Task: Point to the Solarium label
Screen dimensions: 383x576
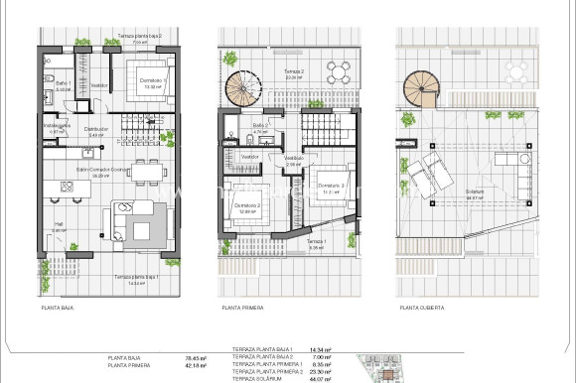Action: (474, 191)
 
